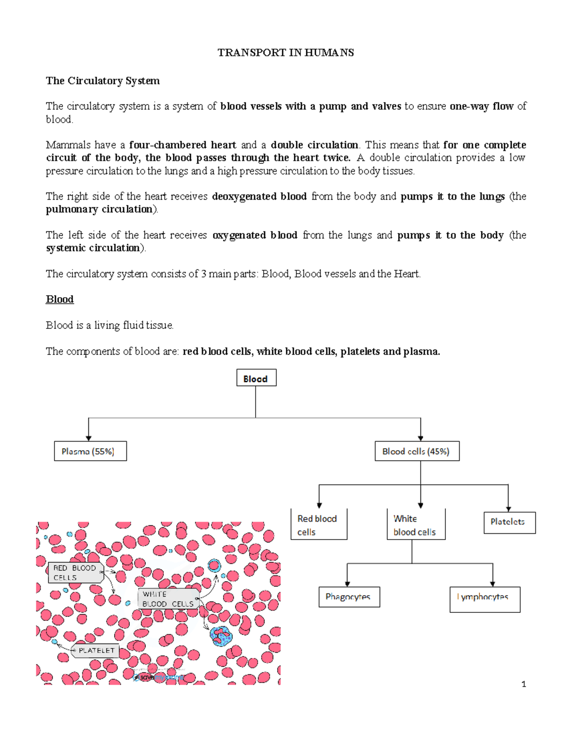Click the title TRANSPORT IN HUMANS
[x=285, y=53]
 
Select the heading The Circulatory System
[x=103, y=81]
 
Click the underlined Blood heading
[x=60, y=300]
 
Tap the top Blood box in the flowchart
[x=256, y=378]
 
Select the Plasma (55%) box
[x=90, y=451]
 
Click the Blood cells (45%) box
[x=417, y=451]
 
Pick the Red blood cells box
[x=319, y=524]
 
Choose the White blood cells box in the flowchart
[x=416, y=524]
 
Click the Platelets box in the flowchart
[x=509, y=522]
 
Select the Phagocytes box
[x=349, y=597]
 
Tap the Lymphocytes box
[x=484, y=598]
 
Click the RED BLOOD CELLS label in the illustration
[x=75, y=573]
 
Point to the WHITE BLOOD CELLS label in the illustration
[x=168, y=599]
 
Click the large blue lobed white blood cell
[x=221, y=637]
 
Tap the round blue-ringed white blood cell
[x=214, y=565]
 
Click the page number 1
[x=524, y=684]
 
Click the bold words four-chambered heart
[x=182, y=145]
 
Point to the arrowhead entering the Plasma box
[x=89, y=438]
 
